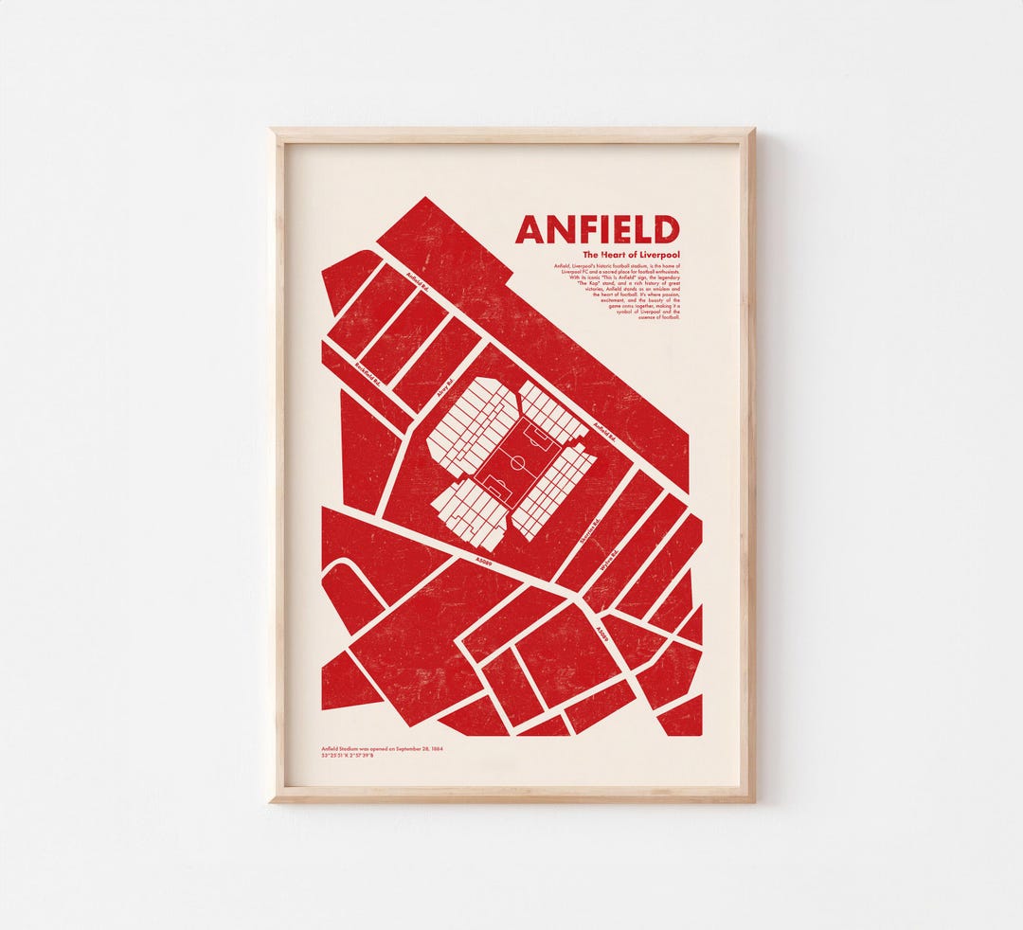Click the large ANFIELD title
[x=597, y=230]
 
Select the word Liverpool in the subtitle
[x=659, y=256]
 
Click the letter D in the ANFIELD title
[x=667, y=230]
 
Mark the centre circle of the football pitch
[x=517, y=463]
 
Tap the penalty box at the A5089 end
[x=495, y=489]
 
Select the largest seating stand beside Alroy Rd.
[x=471, y=425]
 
